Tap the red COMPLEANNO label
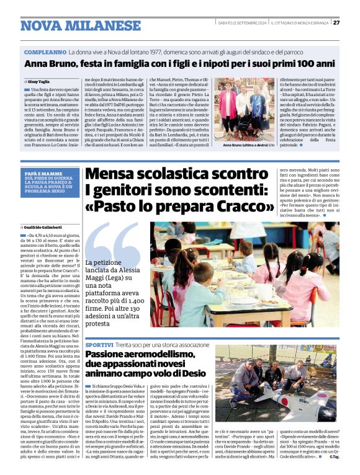pos(45,53)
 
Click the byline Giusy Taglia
pos(39,81)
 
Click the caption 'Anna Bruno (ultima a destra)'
pos(245,144)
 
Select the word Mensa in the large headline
pos(112,175)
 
